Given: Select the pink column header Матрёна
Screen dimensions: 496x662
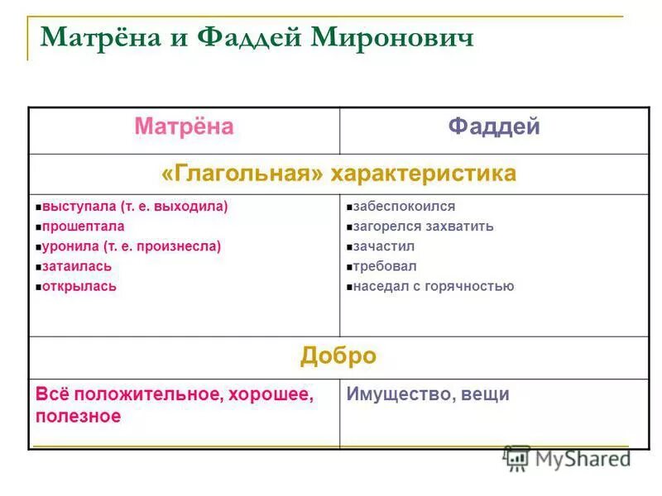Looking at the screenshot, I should pyautogui.click(x=184, y=126).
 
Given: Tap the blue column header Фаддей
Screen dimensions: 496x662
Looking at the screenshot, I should pyautogui.click(x=494, y=126).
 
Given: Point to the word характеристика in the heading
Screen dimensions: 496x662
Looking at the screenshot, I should pyautogui.click(x=424, y=173).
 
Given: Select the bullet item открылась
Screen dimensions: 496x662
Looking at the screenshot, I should pyautogui.click(x=79, y=286).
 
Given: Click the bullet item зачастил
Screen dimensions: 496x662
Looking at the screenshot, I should pyautogui.click(x=384, y=246).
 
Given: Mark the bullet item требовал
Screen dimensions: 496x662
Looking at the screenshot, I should pyautogui.click(x=385, y=266).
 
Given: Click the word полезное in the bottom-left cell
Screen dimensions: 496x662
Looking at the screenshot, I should pyautogui.click(x=78, y=416).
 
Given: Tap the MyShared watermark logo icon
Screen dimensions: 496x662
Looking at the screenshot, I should pyautogui.click(x=518, y=458).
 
